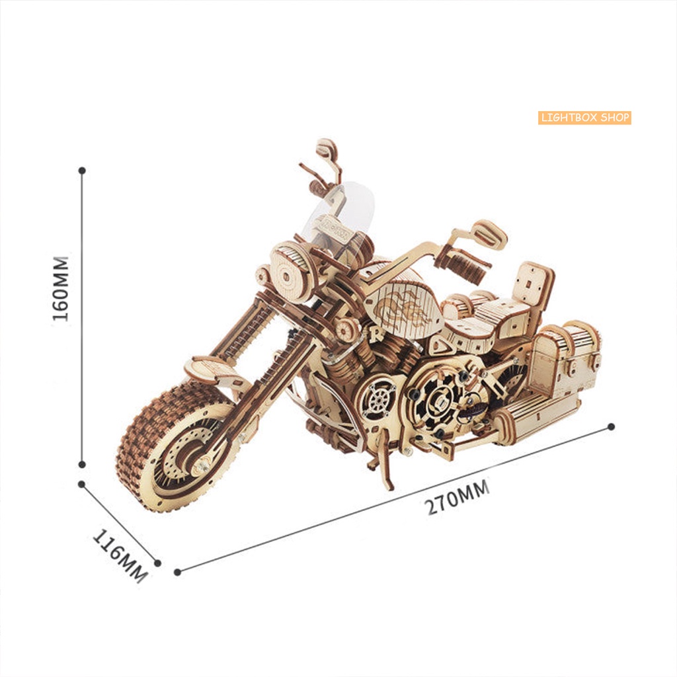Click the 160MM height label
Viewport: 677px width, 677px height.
pyautogui.click(x=60, y=287)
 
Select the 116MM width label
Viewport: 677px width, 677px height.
pyautogui.click(x=119, y=554)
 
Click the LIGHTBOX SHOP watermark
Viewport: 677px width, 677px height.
pyautogui.click(x=584, y=118)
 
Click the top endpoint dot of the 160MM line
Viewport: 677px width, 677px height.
pyautogui.click(x=82, y=170)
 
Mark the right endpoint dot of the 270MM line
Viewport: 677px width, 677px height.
pyautogui.click(x=612, y=426)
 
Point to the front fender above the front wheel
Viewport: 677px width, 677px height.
pyautogui.click(x=212, y=370)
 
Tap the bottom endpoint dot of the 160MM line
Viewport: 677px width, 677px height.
pyautogui.click(x=82, y=465)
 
